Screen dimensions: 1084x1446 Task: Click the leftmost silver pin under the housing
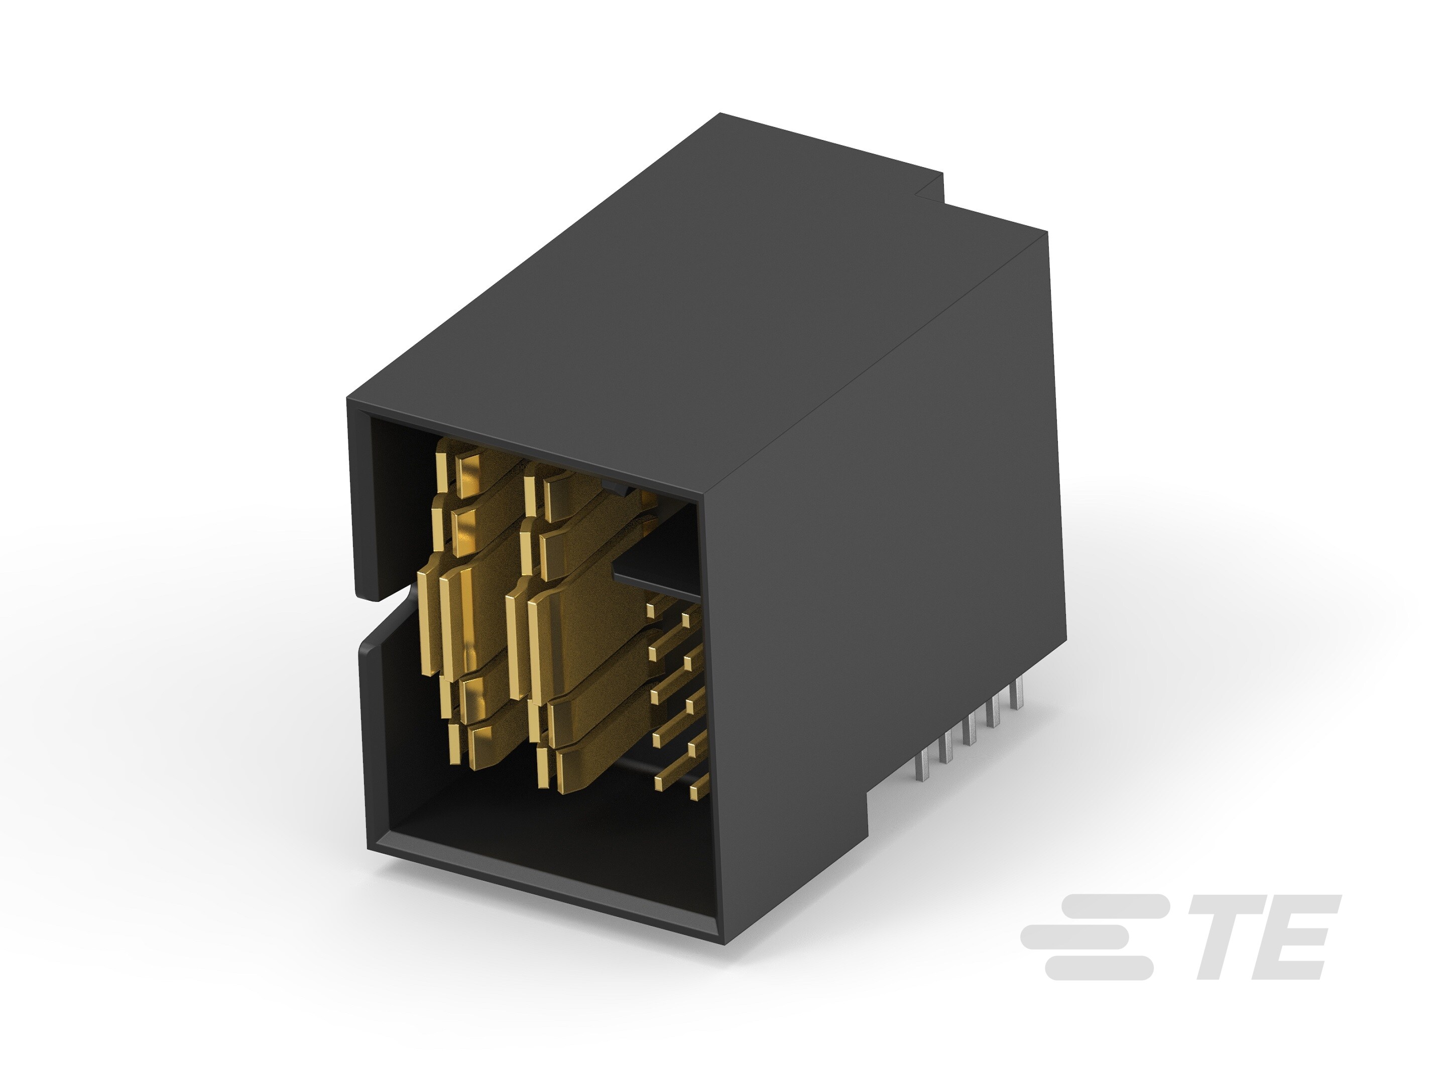(x=923, y=764)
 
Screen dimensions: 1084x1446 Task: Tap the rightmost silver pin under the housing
(x=1016, y=696)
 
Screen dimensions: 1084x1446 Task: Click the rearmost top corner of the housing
(x=721, y=115)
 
